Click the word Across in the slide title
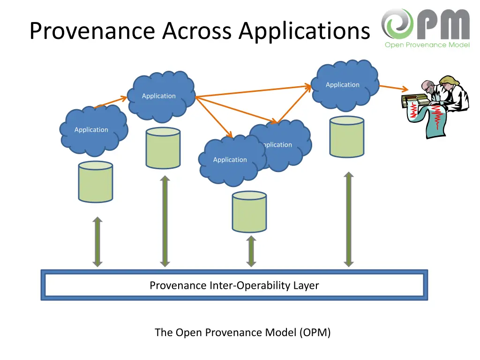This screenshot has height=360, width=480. click(x=197, y=31)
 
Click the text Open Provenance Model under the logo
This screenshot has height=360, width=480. click(x=427, y=45)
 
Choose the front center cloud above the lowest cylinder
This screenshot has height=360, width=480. click(x=230, y=160)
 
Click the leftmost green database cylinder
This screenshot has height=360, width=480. click(x=96, y=182)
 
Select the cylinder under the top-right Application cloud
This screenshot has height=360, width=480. click(x=346, y=136)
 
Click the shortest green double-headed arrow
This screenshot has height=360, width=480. click(x=251, y=251)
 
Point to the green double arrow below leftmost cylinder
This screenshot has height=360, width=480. click(x=97, y=242)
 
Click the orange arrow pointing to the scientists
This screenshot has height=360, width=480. click(x=393, y=88)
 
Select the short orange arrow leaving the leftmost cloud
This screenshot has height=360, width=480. click(x=111, y=103)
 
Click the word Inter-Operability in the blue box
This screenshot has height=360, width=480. click(x=264, y=285)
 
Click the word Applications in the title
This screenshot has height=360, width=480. click(x=304, y=31)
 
